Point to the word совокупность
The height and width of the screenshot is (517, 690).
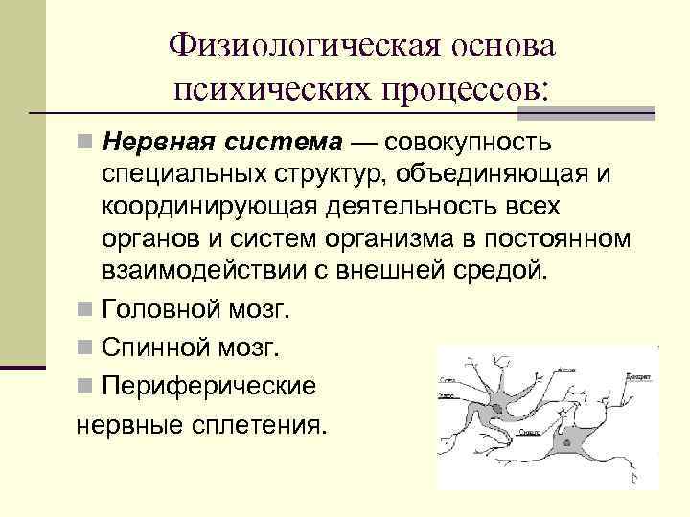pos(469,144)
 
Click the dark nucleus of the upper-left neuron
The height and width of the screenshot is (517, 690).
pos(496,409)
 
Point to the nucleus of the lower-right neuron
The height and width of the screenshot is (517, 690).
pos(572,442)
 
